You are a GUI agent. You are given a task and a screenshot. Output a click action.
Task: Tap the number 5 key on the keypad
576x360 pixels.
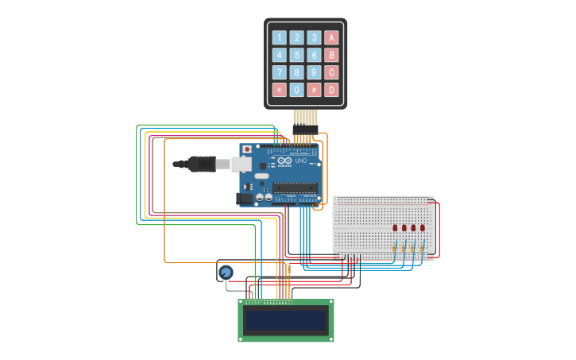[x=296, y=55]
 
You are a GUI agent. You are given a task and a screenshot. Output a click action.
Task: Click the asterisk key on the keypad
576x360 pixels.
[x=279, y=90]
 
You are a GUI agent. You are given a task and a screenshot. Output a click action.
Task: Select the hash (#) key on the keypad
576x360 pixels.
[x=314, y=90]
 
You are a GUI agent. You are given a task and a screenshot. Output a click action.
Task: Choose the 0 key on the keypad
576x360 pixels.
[x=296, y=90]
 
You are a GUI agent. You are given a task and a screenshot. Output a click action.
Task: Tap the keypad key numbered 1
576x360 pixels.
[x=279, y=37]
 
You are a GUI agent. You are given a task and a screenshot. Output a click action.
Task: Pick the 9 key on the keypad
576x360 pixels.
[x=314, y=72]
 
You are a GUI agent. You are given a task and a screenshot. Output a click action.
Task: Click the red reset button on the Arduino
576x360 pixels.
[x=247, y=149]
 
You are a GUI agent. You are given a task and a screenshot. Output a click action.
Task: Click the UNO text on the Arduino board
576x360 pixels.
[x=300, y=161]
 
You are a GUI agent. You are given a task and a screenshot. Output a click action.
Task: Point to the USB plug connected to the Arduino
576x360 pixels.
[x=203, y=164]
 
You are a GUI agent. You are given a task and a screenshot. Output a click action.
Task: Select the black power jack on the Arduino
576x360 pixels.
[x=245, y=198]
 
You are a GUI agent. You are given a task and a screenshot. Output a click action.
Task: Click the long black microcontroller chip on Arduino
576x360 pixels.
[x=295, y=188]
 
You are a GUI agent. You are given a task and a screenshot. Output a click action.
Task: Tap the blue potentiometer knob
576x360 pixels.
[x=226, y=273]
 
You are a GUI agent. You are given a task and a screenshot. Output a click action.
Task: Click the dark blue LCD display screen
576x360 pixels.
[x=285, y=320]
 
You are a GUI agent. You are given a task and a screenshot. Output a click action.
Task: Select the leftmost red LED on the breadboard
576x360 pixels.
[x=395, y=228]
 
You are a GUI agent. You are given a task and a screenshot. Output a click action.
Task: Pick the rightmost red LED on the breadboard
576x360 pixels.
[x=423, y=228]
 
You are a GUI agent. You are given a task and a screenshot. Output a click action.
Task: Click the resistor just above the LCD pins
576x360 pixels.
[x=289, y=270]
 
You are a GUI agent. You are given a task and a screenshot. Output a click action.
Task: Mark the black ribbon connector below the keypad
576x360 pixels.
[x=305, y=129]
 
